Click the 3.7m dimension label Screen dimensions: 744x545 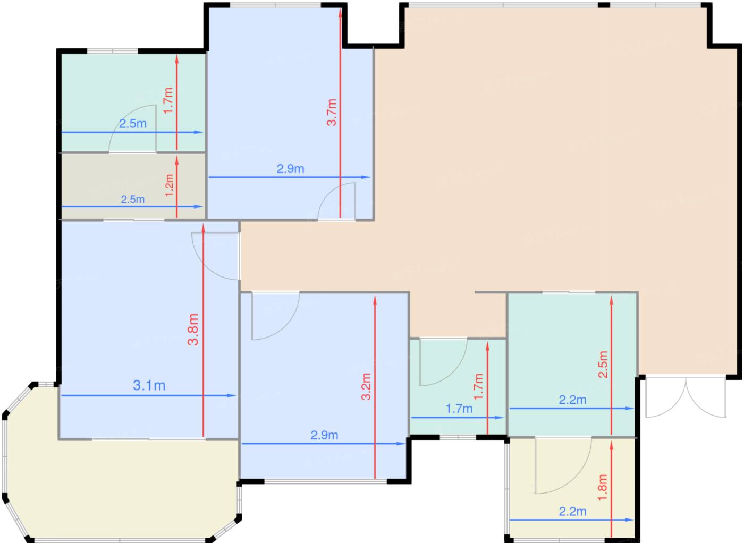[332, 112]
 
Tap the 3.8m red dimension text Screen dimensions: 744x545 [193, 330]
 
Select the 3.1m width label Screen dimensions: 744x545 [149, 385]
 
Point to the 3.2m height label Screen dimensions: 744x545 [366, 386]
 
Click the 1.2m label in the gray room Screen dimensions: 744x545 [170, 185]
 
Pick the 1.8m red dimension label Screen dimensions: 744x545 [602, 488]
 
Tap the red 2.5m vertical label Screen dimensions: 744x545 [603, 365]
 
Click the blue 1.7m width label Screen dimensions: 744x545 [459, 409]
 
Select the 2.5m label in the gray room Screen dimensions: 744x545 [133, 200]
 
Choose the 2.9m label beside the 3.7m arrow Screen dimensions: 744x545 [291, 169]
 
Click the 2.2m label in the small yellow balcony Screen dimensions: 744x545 [573, 512]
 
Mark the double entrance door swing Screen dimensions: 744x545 [686, 397]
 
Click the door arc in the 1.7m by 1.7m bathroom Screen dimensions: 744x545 [444, 362]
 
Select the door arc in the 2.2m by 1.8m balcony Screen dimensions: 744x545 [563, 465]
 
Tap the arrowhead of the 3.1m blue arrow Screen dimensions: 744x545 [232, 395]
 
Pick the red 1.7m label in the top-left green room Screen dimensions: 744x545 [168, 100]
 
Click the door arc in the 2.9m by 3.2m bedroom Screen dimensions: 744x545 [276, 316]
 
